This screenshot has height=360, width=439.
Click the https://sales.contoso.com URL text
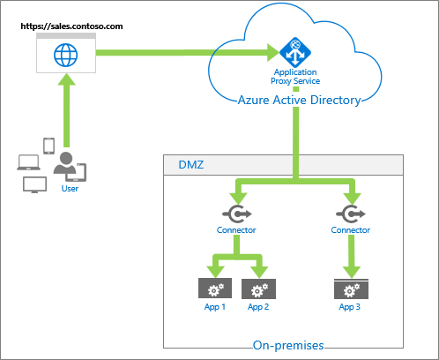pyautogui.click(x=71, y=27)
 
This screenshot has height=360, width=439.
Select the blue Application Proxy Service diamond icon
pyautogui.click(x=291, y=50)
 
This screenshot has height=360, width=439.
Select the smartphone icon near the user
pyautogui.click(x=48, y=145)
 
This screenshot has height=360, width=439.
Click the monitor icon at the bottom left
pyautogui.click(x=34, y=184)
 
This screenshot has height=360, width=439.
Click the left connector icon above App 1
pyautogui.click(x=236, y=214)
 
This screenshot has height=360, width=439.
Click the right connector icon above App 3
pyautogui.click(x=350, y=214)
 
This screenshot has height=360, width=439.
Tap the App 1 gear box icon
pyautogui.click(x=213, y=289)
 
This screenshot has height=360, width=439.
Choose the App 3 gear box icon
pyautogui.click(x=350, y=289)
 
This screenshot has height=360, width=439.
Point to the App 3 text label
pyautogui.click(x=350, y=307)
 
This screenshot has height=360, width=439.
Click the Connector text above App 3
pyautogui.click(x=350, y=230)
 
